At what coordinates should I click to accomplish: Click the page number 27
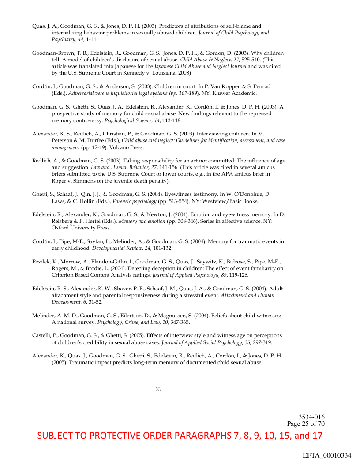point(159,389)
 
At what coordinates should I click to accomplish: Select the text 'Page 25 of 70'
point(306,424)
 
